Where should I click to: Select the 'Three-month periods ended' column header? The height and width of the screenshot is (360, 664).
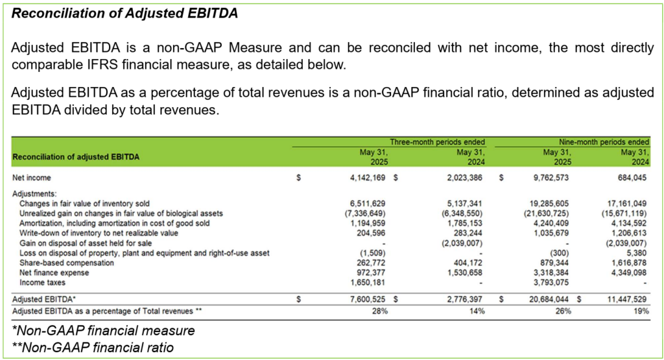click(437, 141)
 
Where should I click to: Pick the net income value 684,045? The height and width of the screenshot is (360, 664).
click(631, 177)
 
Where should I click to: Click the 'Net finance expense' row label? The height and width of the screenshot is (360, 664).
click(56, 273)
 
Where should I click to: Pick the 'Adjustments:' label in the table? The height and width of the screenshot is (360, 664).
click(34, 193)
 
